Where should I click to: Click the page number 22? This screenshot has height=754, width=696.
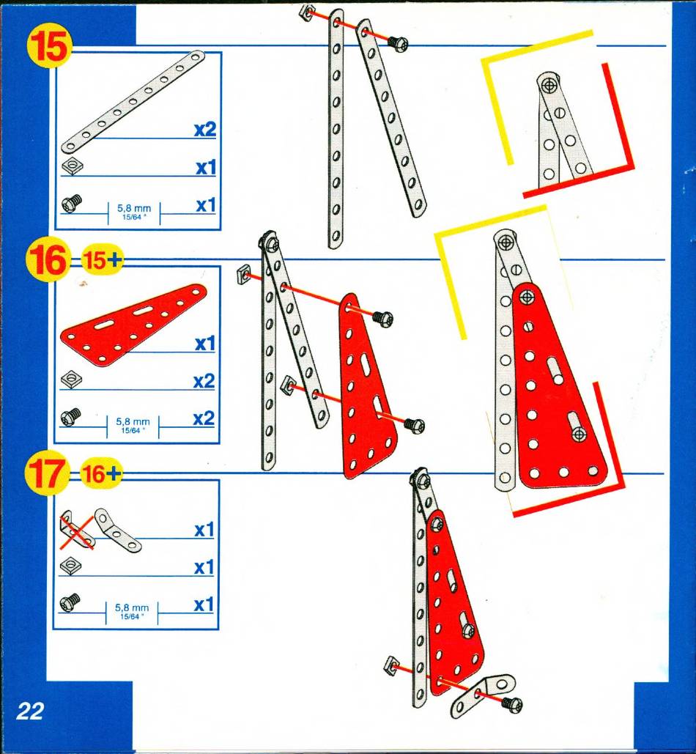click(x=30, y=712)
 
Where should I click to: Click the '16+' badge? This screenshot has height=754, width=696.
click(x=100, y=474)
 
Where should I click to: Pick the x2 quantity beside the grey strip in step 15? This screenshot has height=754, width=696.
click(x=204, y=130)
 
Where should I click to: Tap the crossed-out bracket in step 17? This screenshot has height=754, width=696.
click(x=76, y=531)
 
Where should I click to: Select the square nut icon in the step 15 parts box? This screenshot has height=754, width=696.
click(x=72, y=166)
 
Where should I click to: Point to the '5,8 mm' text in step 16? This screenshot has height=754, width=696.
click(x=133, y=422)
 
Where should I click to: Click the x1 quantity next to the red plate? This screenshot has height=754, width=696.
click(x=204, y=344)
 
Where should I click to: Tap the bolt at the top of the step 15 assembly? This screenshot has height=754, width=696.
click(x=398, y=44)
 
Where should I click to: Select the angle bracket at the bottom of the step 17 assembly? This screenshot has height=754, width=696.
click(x=483, y=694)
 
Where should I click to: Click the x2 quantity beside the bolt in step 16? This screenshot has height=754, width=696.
click(x=204, y=418)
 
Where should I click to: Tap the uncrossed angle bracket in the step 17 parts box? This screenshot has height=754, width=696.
click(x=116, y=531)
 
